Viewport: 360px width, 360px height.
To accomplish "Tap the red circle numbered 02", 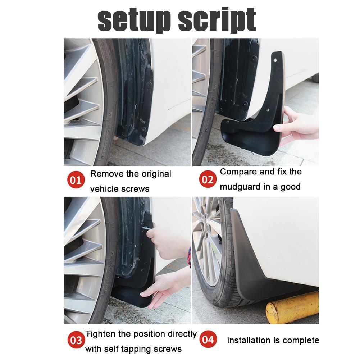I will pyautogui.click(x=208, y=179).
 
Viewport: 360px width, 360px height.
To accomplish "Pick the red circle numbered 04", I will pyautogui.click(x=208, y=340).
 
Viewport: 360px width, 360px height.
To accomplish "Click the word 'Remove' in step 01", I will pyautogui.click(x=106, y=174).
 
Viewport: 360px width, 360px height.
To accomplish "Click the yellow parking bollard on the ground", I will pyautogui.click(x=291, y=308).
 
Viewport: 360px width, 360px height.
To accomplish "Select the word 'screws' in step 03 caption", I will pyautogui.click(x=167, y=348).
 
